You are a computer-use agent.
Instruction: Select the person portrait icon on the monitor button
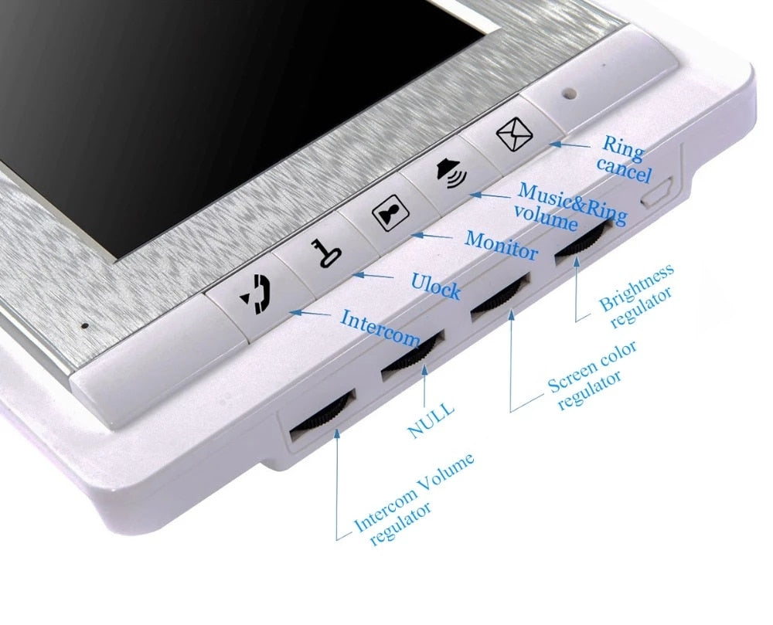pyautogui.click(x=390, y=212)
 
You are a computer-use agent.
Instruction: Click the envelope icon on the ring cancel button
pyautogui.click(x=514, y=134)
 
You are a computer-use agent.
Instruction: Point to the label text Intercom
pyautogui.click(x=380, y=328)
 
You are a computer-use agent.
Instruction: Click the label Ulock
pyautogui.click(x=436, y=286)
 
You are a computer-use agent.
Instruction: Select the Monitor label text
pyautogui.click(x=500, y=245)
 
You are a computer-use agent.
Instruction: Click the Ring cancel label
pyautogui.click(x=624, y=158)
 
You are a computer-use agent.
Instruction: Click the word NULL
pyautogui.click(x=431, y=420)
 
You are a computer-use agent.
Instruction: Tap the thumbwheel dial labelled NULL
pyautogui.click(x=413, y=354)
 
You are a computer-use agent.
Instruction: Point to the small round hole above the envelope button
pyautogui.click(x=570, y=92)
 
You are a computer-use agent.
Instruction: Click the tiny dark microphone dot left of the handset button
pyautogui.click(x=85, y=325)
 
